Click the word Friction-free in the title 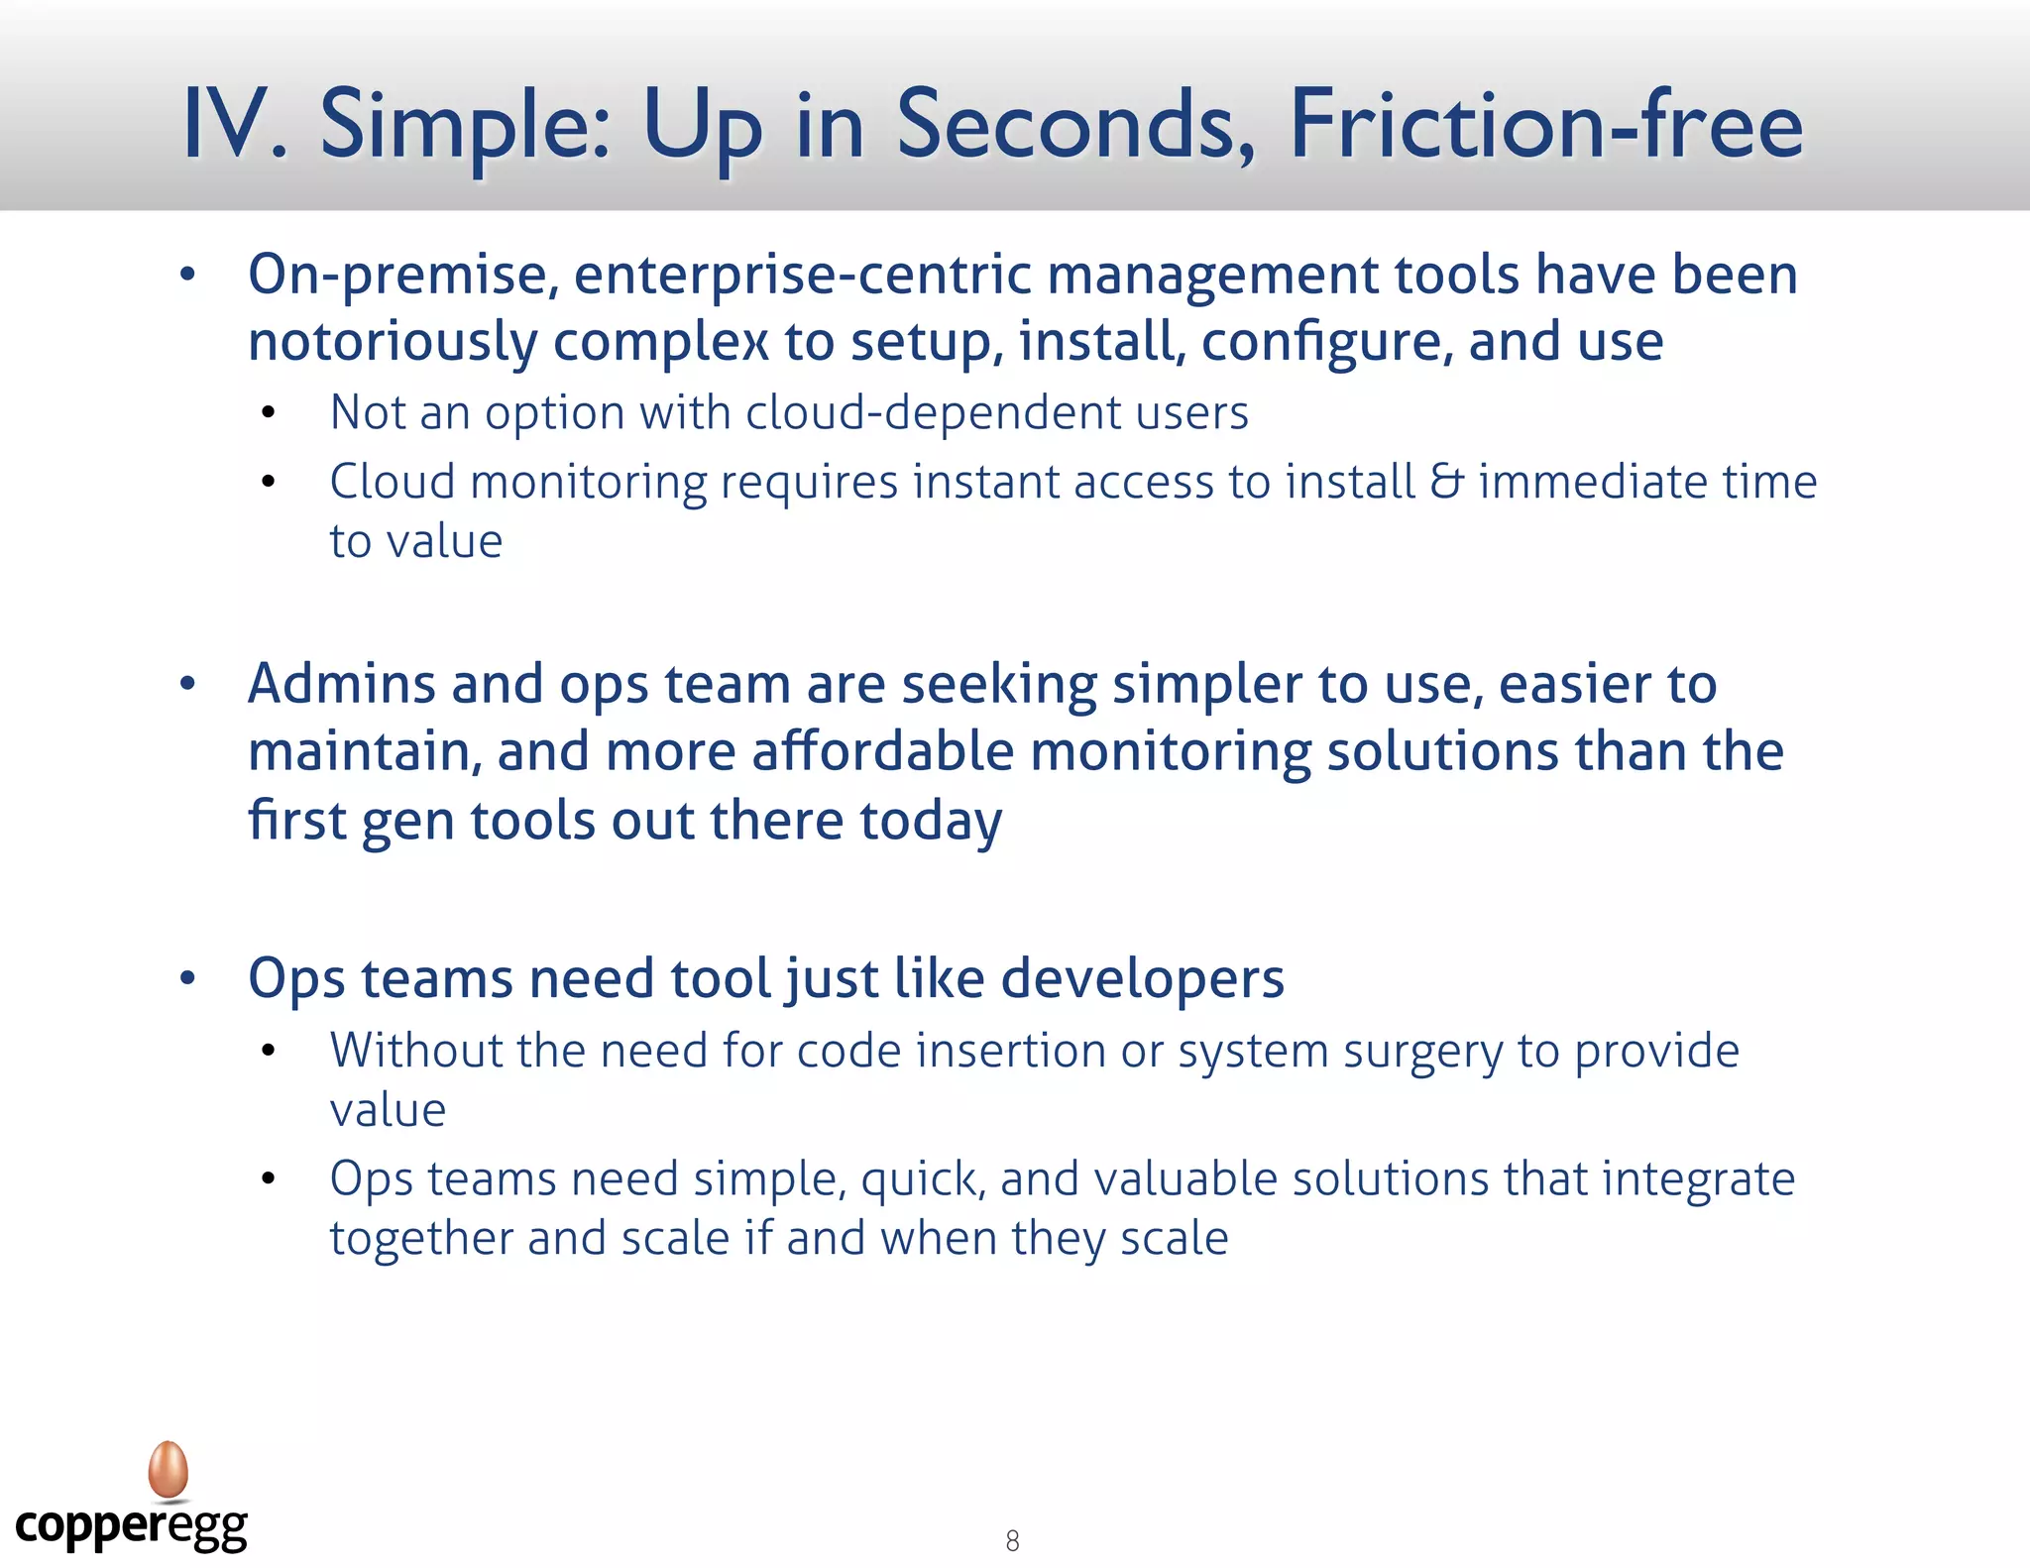1545,125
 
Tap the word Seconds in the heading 1075,125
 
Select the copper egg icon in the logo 169,1469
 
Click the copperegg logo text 131,1526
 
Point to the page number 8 1012,1540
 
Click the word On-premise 402,276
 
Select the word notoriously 392,342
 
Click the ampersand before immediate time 1446,482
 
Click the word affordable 883,751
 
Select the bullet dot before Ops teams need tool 187,979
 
